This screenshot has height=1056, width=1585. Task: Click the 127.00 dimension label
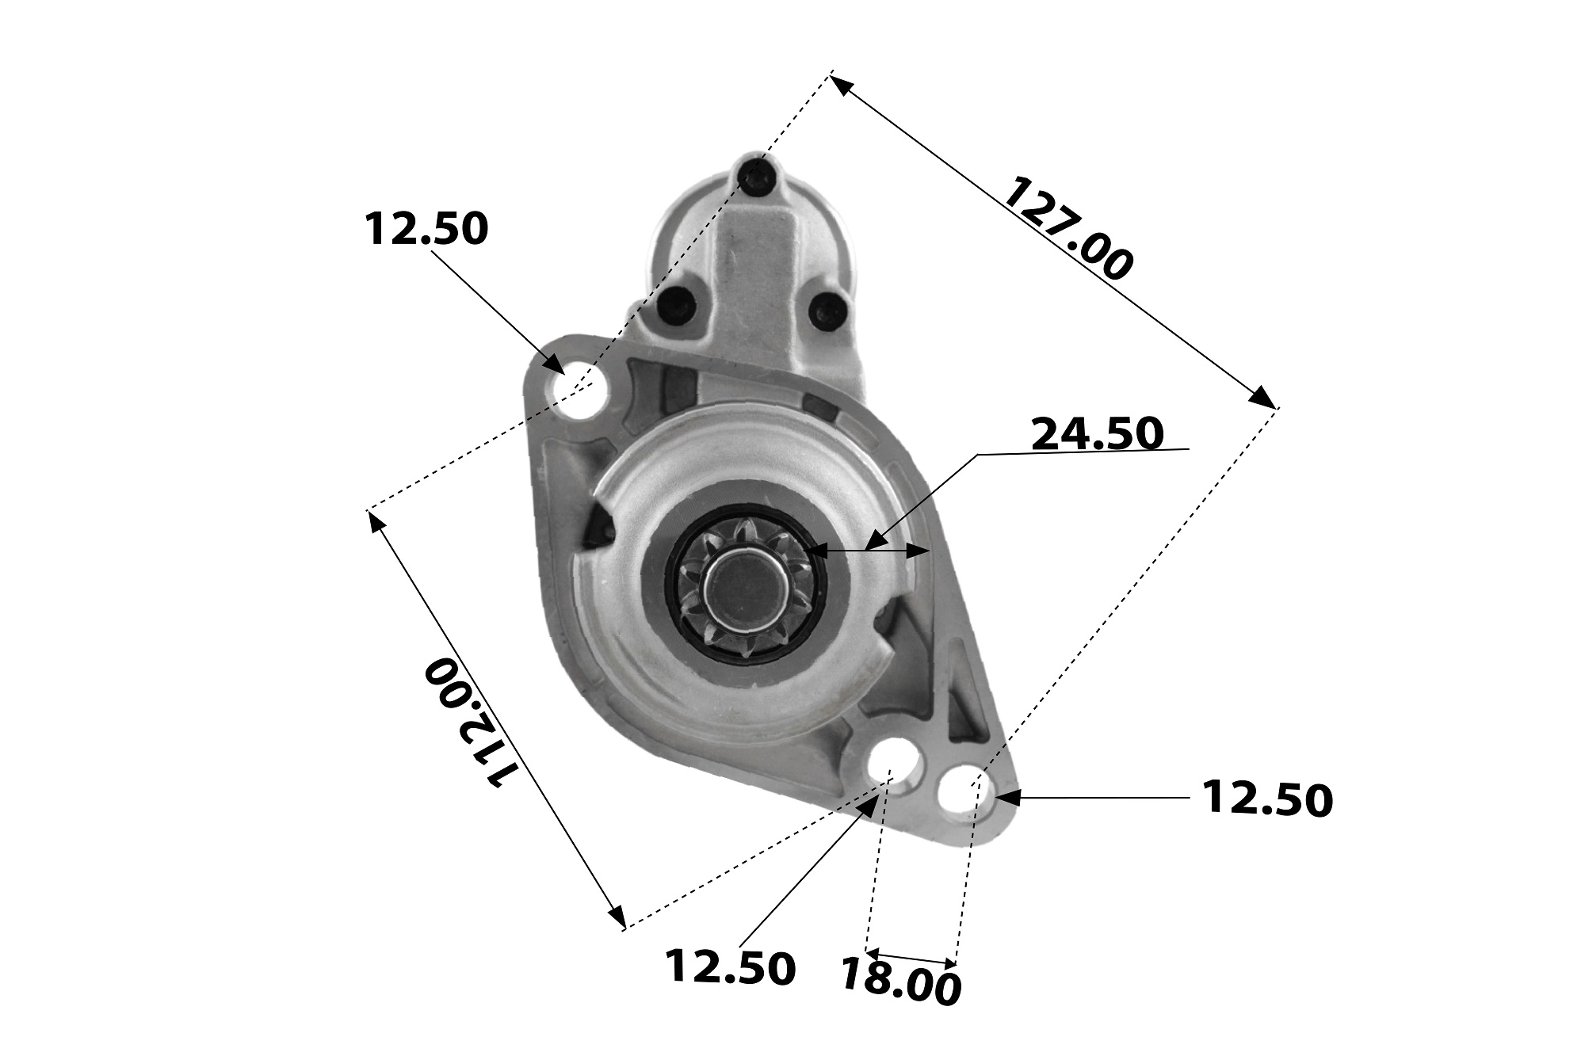point(1067,229)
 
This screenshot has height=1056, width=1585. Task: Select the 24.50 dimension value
point(1098,433)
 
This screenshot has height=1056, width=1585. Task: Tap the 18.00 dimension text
point(900,982)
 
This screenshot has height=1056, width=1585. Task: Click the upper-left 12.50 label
point(426,229)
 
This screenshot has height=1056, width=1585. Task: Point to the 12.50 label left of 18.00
point(729,966)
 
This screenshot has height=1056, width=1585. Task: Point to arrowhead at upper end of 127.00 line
point(841,83)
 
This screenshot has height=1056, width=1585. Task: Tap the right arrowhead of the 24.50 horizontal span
point(919,550)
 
